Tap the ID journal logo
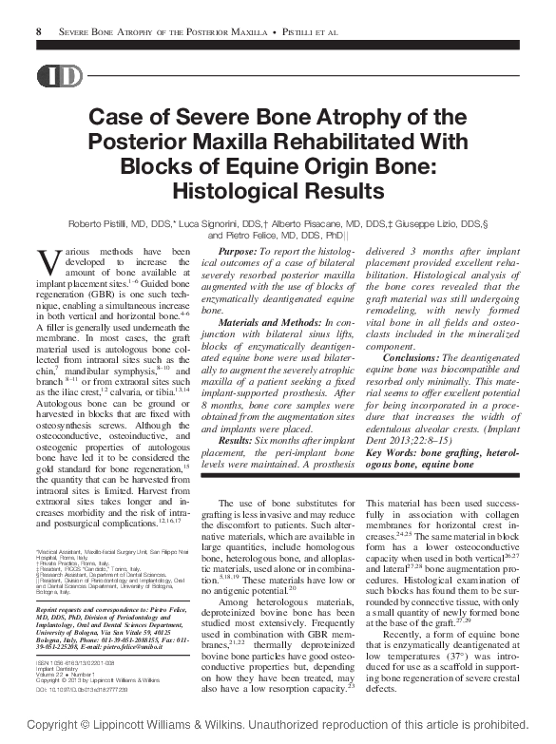[59, 77]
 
